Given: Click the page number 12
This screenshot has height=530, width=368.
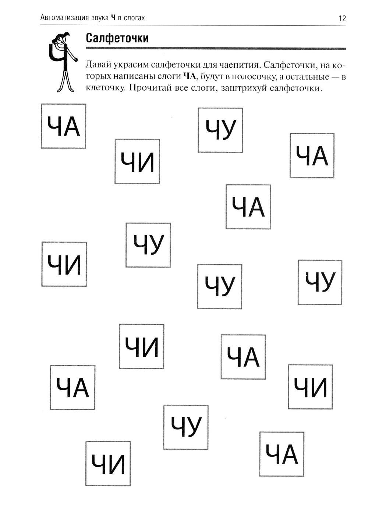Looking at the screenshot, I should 342,18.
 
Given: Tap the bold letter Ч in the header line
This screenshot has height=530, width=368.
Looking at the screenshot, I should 113,17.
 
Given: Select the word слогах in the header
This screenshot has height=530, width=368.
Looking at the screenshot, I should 134,17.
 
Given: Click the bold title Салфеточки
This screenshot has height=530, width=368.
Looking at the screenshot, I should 117,38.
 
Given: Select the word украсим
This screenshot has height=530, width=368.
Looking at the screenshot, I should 131,65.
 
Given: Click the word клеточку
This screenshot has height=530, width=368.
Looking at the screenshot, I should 104,88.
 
